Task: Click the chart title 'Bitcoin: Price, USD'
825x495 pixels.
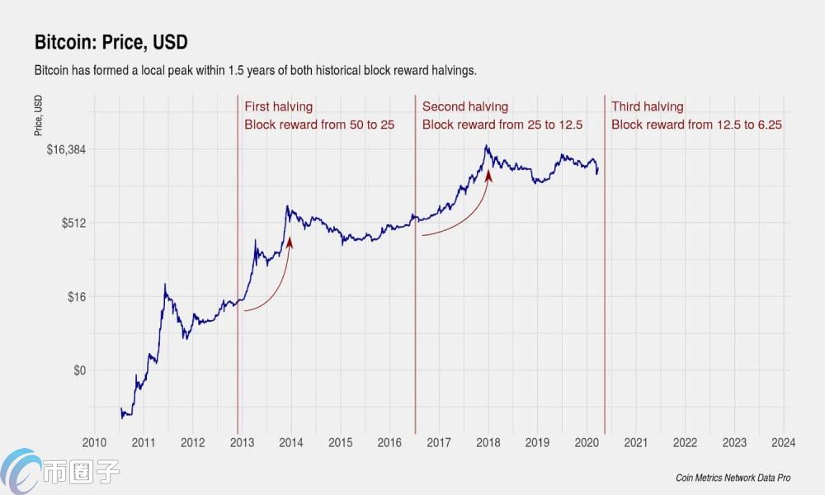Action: coord(111,41)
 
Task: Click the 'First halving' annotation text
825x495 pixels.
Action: coord(278,106)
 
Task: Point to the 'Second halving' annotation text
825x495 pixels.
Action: coord(465,106)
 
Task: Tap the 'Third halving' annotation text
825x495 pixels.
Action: coord(648,106)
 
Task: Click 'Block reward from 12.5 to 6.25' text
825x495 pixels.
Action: coord(696,125)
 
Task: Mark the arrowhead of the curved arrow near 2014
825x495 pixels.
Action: coord(290,241)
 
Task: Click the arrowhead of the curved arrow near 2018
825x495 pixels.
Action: coord(488,174)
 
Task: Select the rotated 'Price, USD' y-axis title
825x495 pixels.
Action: coord(39,115)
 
